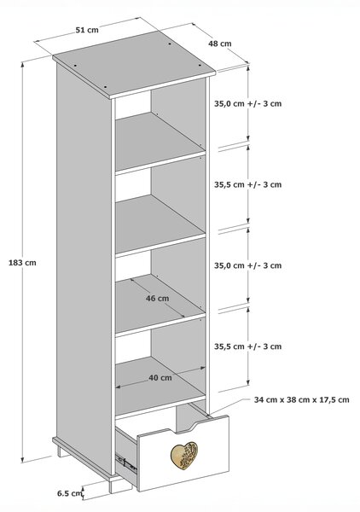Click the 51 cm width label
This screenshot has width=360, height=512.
pos(87,30)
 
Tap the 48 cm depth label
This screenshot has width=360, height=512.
pos(219,44)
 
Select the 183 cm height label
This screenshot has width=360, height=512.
pos(22,263)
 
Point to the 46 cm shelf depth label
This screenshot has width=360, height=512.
pos(157,298)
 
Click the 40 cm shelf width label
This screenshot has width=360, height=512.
pos(160,378)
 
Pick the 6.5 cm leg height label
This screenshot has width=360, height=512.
pos(69,493)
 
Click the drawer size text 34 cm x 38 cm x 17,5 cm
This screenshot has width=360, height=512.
pos(302,399)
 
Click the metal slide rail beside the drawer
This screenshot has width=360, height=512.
pos(125,462)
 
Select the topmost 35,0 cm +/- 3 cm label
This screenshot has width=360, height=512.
pos(247,103)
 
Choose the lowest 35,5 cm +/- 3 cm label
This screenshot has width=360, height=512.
pos(247,346)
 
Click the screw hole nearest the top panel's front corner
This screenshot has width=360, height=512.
pos(105,87)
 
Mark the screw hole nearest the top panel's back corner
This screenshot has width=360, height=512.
pos(170,44)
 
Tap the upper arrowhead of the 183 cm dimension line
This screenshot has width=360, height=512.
pos(22,65)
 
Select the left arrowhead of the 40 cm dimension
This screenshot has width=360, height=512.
pos(119,387)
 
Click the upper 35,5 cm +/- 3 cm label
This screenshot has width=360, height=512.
pos(247,184)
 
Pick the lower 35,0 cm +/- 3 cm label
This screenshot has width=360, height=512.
pos(247,265)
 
